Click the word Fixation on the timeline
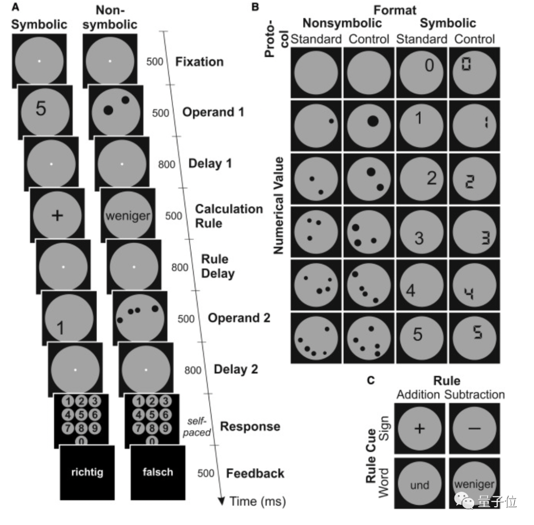[200, 62]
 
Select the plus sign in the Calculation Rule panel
[57, 216]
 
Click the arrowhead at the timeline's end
[221, 500]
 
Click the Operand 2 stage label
[239, 318]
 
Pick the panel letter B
[255, 7]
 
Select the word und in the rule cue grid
[419, 485]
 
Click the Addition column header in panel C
[418, 394]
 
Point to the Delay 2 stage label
[236, 369]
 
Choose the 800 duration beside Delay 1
[167, 164]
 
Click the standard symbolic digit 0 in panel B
[429, 65]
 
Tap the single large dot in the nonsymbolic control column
[372, 121]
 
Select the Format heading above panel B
[395, 9]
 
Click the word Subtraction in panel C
[474, 394]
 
